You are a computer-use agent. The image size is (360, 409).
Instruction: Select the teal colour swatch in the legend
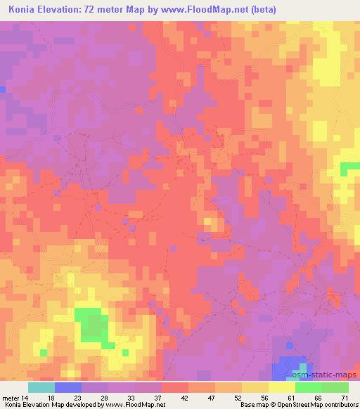(x=41, y=387)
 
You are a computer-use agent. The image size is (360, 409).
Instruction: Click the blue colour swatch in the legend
(x=67, y=387)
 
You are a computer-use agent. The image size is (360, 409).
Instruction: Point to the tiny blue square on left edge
(x=3, y=89)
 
